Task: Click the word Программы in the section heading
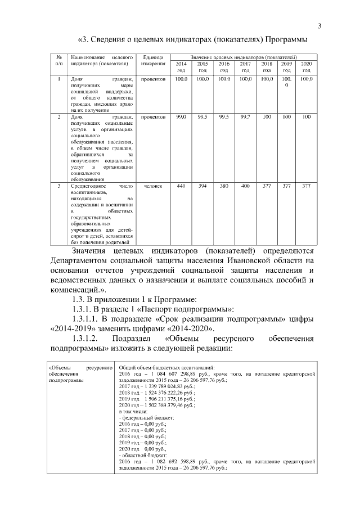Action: click(x=281, y=40)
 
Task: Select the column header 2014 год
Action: click(x=181, y=67)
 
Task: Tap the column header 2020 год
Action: click(x=306, y=67)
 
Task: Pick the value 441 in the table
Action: click(x=181, y=186)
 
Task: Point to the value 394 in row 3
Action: click(x=202, y=186)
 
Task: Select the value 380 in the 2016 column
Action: click(x=223, y=186)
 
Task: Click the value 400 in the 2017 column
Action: click(x=245, y=186)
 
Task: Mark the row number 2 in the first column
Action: click(x=59, y=117)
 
